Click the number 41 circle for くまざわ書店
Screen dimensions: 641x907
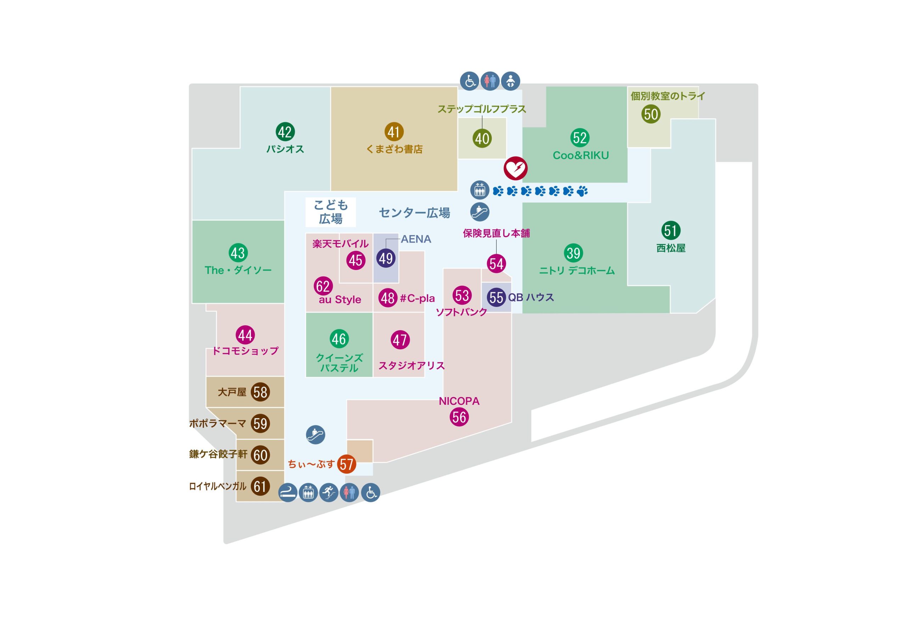point(394,132)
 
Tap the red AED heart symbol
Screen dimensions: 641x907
point(515,168)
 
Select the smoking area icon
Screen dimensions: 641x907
point(288,493)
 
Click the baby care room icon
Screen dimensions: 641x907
point(511,81)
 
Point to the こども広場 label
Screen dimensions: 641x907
point(331,212)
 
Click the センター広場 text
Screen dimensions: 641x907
point(415,213)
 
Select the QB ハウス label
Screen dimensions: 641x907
point(531,297)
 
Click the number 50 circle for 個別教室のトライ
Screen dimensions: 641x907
point(650,114)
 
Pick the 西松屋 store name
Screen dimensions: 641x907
point(671,248)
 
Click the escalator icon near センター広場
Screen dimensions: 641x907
point(480,212)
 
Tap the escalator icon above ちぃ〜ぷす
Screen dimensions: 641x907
point(316,435)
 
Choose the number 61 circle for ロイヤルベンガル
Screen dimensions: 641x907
point(260,486)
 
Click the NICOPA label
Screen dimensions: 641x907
point(459,401)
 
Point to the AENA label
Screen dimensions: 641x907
point(416,239)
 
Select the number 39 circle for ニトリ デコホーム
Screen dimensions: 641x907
point(573,253)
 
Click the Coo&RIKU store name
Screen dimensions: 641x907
point(581,155)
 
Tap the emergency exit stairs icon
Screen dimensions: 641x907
point(329,493)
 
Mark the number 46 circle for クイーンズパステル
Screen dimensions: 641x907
point(339,339)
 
